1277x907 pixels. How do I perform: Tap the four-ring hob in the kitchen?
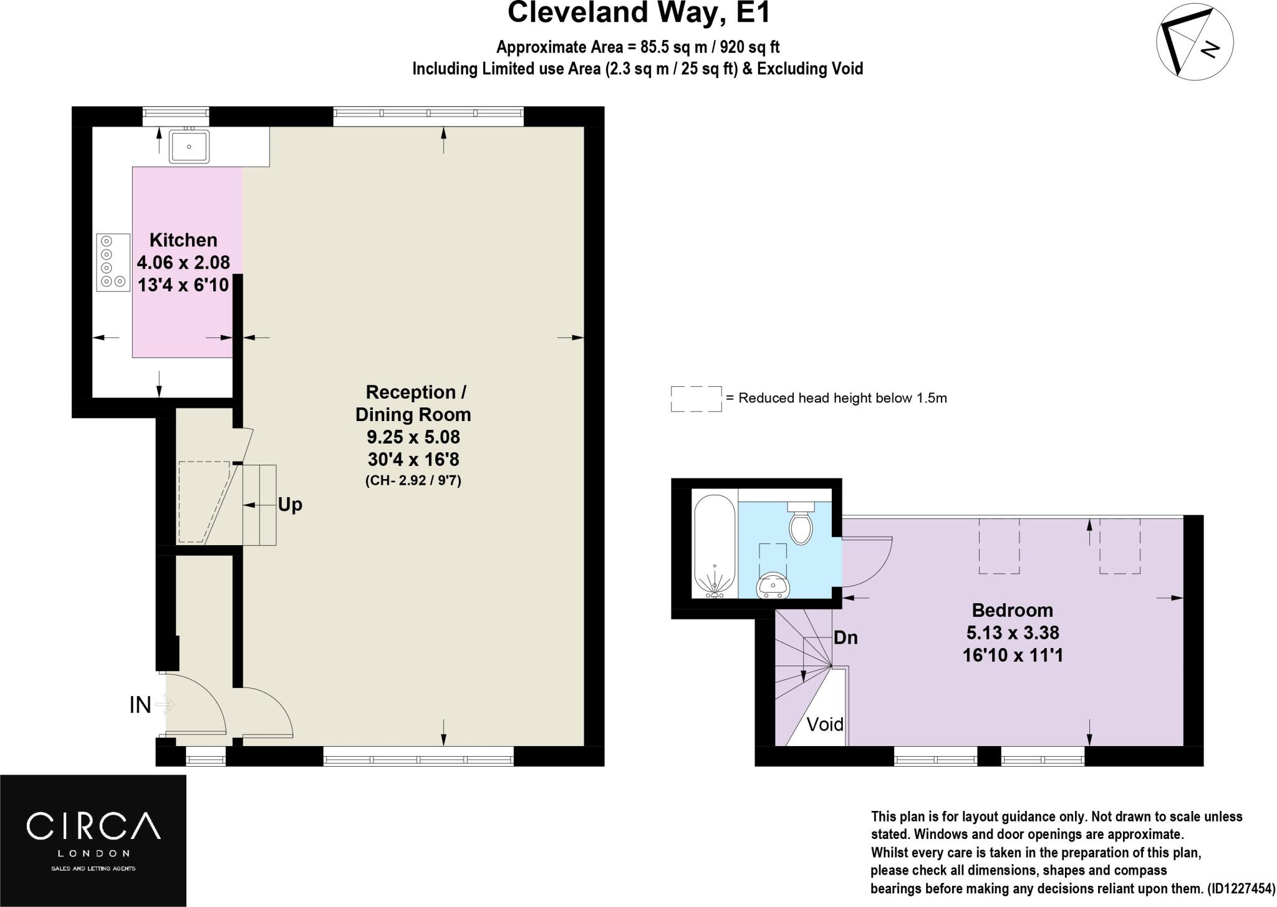(113, 262)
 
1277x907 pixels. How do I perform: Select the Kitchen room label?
(183, 240)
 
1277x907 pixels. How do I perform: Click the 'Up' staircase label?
(290, 505)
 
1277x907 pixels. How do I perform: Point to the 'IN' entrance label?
(140, 705)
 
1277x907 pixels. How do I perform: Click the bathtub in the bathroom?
(715, 546)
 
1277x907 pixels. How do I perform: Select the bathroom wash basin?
(773, 586)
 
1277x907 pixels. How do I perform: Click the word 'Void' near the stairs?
(825, 724)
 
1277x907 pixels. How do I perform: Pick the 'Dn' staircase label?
(846, 638)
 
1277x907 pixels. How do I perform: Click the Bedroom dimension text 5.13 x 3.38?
(1013, 633)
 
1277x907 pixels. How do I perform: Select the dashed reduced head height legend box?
(696, 399)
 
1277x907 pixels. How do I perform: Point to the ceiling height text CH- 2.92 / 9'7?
(413, 481)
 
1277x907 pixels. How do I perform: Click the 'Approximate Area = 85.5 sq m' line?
(637, 47)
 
